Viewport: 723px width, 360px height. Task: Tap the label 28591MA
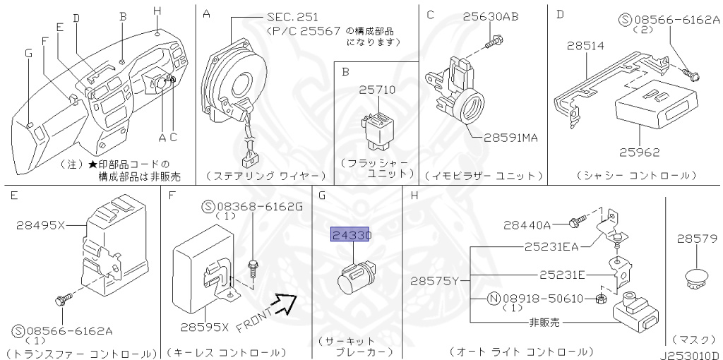(510, 137)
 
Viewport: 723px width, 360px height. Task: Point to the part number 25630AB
(491, 16)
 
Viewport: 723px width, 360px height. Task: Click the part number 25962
(639, 152)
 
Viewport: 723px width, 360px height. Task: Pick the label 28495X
(40, 226)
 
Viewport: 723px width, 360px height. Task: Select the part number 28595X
(203, 328)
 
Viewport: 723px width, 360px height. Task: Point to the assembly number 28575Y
(434, 281)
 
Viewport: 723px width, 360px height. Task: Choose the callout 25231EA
(551, 246)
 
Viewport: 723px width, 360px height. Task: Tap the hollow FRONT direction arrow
(286, 305)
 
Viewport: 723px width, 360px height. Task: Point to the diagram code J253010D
(690, 354)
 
